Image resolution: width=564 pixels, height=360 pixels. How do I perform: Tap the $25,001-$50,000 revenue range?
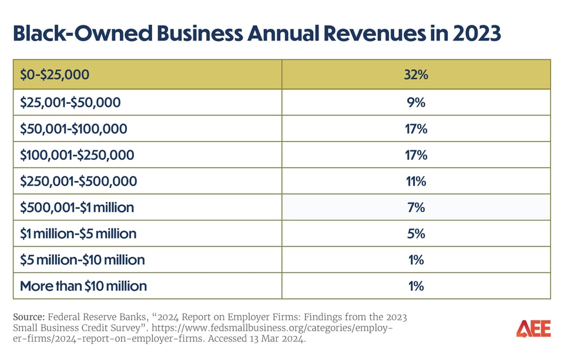point(70,102)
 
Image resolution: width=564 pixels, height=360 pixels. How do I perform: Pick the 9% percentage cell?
point(415,102)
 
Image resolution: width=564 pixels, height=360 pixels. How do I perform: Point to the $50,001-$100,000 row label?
point(73,129)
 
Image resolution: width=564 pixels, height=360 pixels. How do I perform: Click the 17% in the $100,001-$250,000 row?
point(415,155)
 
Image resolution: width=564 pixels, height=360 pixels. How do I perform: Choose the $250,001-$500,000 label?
point(78,181)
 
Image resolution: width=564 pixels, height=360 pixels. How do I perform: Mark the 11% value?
point(415,181)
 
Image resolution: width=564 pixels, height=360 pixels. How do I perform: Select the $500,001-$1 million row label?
point(77,207)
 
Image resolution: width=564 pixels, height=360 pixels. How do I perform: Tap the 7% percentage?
point(415,207)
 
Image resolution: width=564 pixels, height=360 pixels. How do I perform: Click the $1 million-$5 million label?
point(78,234)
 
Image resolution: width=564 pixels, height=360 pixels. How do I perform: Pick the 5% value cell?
point(415,234)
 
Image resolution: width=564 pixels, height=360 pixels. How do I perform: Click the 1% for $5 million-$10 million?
point(415,260)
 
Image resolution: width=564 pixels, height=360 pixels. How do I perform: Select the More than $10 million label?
point(83,286)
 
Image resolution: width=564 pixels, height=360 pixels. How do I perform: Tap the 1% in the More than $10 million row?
point(415,286)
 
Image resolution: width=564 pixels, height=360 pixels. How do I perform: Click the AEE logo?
point(533,329)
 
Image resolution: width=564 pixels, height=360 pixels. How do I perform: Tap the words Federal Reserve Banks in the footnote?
point(95,317)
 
